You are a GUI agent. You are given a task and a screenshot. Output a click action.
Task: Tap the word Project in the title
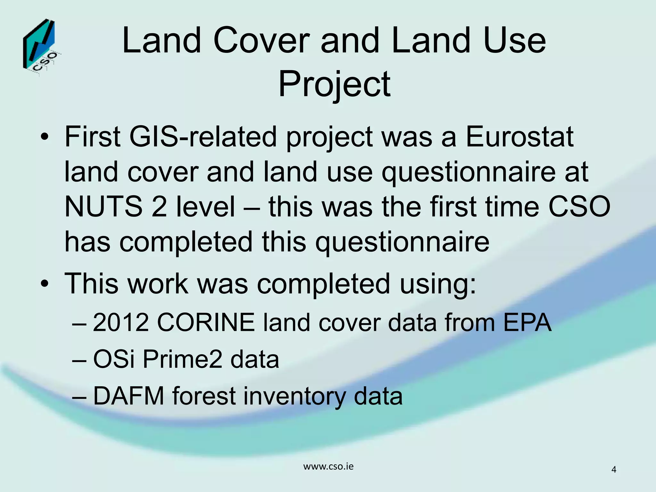334,84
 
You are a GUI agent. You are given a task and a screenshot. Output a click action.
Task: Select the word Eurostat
519,137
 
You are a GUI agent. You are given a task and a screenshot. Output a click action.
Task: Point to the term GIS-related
203,137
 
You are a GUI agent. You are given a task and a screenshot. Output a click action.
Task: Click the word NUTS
103,207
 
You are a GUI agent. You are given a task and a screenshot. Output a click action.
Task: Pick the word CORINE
206,322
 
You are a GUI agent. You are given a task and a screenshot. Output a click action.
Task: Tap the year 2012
121,322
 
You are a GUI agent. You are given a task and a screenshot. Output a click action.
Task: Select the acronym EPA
527,322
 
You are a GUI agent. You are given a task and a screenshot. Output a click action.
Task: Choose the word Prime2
182,359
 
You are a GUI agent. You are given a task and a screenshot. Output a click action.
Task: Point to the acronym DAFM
128,396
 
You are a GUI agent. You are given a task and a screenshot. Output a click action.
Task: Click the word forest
205,396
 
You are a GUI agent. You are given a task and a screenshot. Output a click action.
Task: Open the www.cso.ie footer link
328,466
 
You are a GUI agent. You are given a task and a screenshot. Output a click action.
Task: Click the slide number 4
614,470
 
